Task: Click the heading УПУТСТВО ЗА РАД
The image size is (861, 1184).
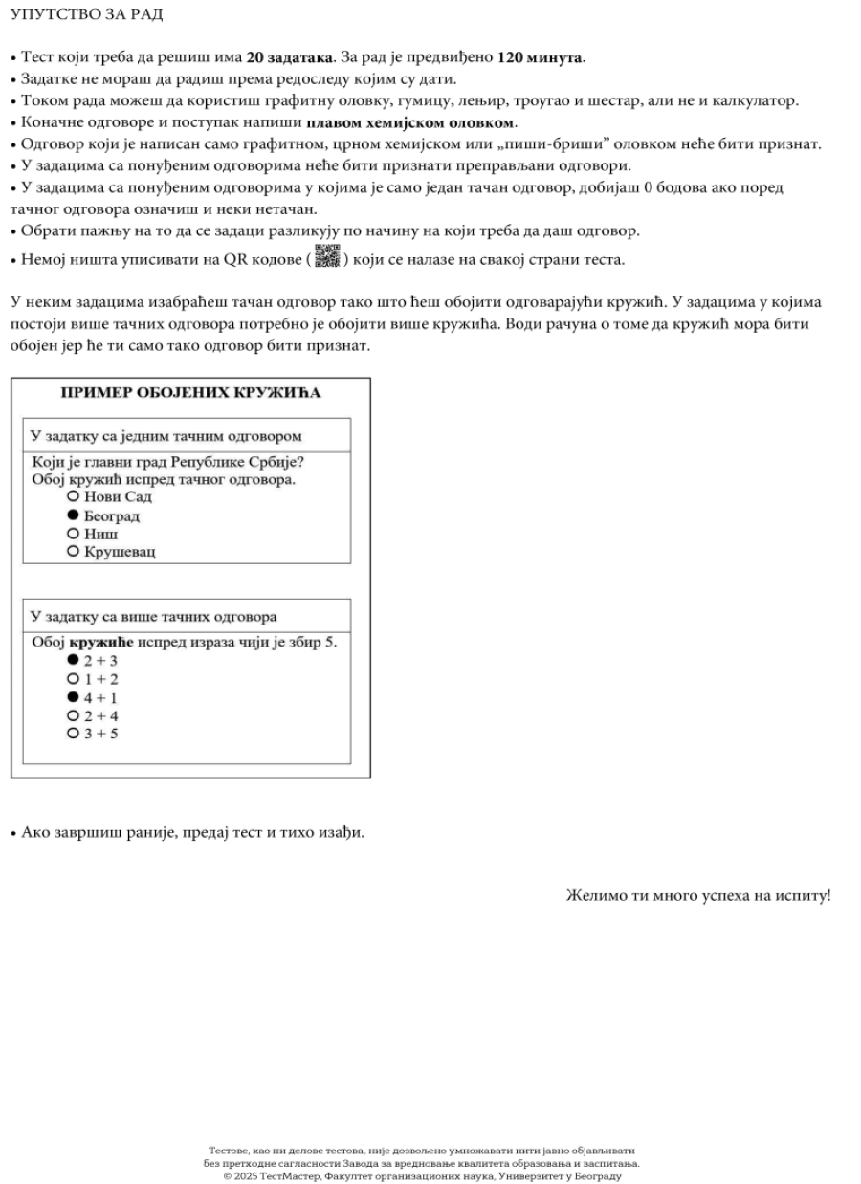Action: pos(85,16)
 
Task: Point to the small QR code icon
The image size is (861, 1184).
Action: pos(327,257)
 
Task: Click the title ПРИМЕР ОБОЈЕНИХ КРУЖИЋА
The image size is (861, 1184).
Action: pos(190,393)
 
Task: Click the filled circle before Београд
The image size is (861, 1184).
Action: pos(73,516)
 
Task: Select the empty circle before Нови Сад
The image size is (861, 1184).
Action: pos(73,498)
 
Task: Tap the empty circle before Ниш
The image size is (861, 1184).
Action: pos(73,534)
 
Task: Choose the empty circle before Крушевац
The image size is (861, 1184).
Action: pos(73,552)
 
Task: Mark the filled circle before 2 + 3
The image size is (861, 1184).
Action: pos(73,661)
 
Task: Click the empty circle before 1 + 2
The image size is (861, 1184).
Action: pos(73,679)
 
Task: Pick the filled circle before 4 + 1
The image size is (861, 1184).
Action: pos(73,697)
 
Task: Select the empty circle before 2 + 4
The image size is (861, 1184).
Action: pos(73,715)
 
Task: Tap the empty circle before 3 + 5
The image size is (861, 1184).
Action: pos(73,734)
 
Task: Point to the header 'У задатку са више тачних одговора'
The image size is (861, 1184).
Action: pos(154,617)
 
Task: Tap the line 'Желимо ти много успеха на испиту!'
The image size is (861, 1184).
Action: pos(698,896)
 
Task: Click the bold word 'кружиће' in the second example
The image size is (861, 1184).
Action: pos(101,642)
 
